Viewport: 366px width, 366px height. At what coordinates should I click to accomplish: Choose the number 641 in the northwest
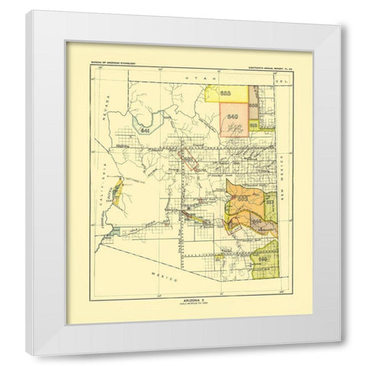coord(146,130)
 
